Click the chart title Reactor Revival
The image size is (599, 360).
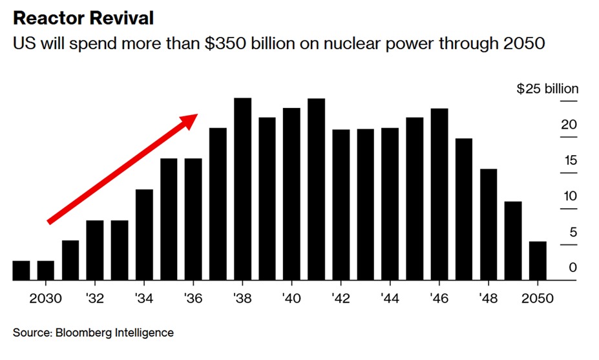(x=83, y=18)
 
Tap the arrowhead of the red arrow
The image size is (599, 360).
(x=190, y=120)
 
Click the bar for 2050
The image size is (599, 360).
(x=538, y=261)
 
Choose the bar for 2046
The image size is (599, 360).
(x=439, y=194)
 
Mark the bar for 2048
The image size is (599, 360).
(x=489, y=224)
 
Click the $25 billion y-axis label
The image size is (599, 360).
(x=547, y=89)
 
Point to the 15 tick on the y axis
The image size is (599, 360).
(x=569, y=161)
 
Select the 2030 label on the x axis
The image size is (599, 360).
(x=46, y=299)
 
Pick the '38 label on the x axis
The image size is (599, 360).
(x=242, y=299)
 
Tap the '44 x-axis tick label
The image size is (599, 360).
(x=390, y=299)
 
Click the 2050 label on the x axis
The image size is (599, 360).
(x=538, y=299)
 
